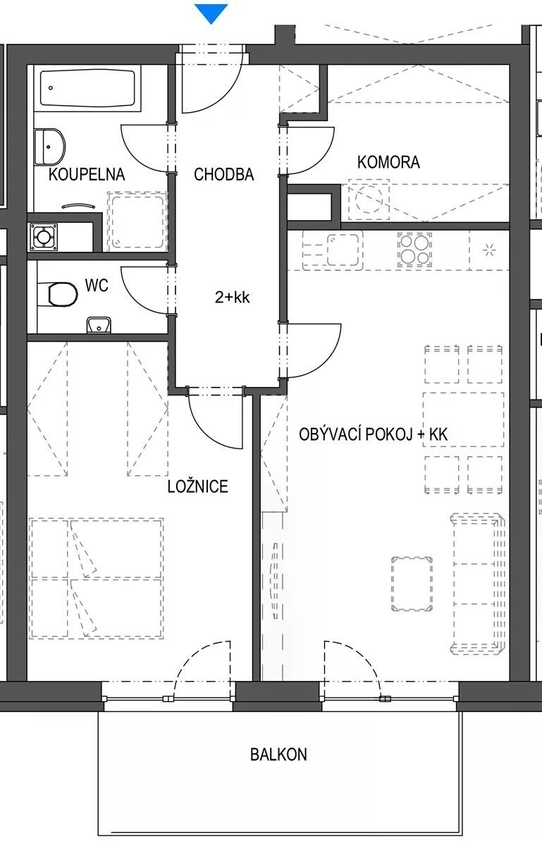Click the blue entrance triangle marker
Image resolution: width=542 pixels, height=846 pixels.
click(x=211, y=13)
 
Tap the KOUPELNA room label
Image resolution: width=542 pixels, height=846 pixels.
click(x=87, y=175)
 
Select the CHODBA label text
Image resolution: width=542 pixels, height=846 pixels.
click(x=224, y=175)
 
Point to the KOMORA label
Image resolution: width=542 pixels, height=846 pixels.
click(x=388, y=162)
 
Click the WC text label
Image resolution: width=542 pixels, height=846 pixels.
click(x=97, y=285)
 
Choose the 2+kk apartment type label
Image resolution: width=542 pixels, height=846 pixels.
click(x=233, y=298)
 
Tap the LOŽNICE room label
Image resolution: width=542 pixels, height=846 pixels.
click(x=198, y=486)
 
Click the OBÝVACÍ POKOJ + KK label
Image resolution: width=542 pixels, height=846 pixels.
click(x=373, y=435)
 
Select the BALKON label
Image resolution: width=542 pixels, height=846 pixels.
click(x=278, y=754)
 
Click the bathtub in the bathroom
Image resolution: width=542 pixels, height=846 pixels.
click(x=87, y=88)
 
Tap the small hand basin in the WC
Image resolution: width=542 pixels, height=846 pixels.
click(x=99, y=325)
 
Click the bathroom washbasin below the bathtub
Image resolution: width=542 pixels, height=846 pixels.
click(x=49, y=147)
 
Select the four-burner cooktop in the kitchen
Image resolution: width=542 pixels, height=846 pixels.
click(x=414, y=250)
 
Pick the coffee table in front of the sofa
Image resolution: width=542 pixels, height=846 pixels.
click(x=412, y=584)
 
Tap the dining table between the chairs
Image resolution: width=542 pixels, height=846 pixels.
click(x=464, y=419)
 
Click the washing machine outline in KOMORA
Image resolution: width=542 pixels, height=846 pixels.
click(x=369, y=200)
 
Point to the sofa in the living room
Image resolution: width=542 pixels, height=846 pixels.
click(x=478, y=584)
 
